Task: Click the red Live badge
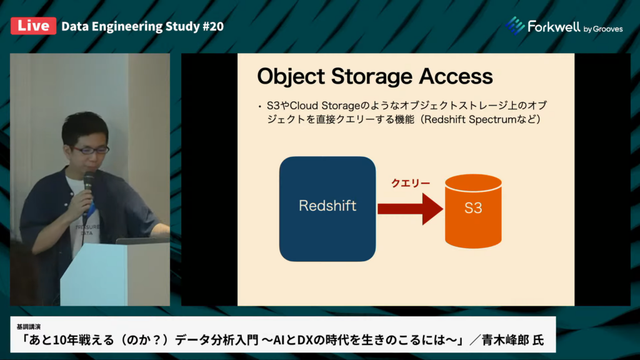(34, 26)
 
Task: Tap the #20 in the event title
(213, 26)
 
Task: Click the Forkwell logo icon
(515, 25)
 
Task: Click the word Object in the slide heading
(291, 77)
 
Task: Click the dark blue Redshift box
(327, 209)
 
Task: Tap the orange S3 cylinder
(473, 211)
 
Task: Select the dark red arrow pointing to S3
(410, 209)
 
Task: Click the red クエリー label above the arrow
(411, 183)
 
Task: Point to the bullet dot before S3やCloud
(259, 107)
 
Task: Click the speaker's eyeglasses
(91, 150)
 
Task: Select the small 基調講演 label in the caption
(29, 326)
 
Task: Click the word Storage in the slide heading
(372, 77)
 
